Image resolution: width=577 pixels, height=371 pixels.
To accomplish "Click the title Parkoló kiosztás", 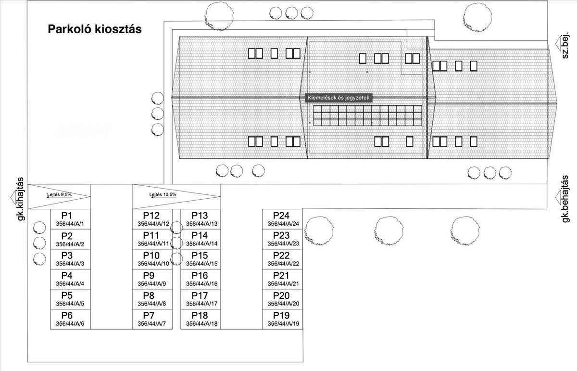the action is [94, 29].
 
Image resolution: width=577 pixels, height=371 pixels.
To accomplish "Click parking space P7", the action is [151, 319].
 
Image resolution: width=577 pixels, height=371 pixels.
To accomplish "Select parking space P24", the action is [283, 219].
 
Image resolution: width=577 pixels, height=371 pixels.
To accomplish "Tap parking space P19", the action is [283, 319].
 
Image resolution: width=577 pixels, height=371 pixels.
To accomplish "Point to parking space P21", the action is [283, 279].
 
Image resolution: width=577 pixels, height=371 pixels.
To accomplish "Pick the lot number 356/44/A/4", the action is [70, 284].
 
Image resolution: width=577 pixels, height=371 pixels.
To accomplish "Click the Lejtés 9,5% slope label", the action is [59, 195].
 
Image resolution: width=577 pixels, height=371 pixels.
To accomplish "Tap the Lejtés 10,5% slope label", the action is [163, 195].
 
